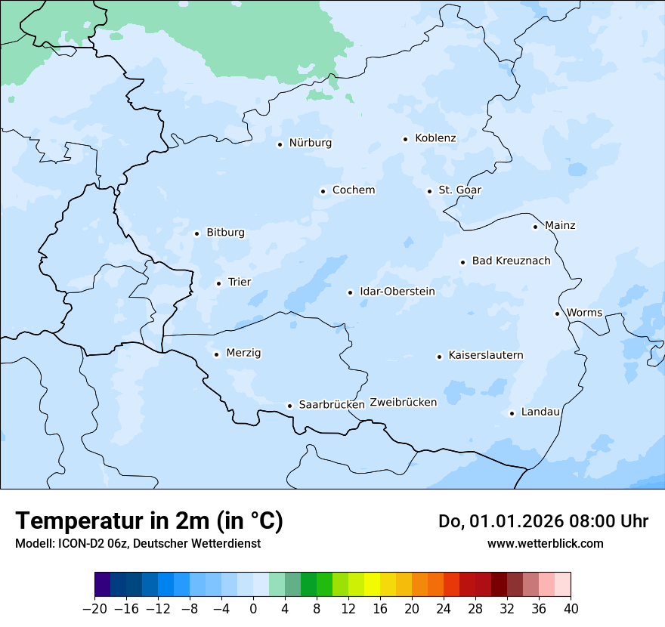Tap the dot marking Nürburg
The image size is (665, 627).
tap(280, 144)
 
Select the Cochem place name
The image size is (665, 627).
tap(353, 190)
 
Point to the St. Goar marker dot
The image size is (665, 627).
tap(429, 191)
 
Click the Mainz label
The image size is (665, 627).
tap(560, 226)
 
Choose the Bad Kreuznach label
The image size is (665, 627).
tap(511, 261)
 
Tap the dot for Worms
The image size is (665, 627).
tap(557, 313)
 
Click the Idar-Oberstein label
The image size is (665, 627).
tap(397, 292)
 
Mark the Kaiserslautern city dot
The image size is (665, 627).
tap(439, 357)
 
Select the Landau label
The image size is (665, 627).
tap(540, 412)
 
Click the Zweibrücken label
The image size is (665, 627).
tap(403, 403)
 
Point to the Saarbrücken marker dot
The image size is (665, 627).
tap(289, 406)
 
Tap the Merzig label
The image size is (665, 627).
tap(243, 354)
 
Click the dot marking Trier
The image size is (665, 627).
tap(218, 283)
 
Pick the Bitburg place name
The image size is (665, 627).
tap(225, 233)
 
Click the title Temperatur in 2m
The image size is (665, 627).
tap(149, 521)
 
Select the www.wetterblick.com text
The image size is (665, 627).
tap(545, 544)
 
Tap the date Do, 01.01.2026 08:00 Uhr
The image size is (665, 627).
tap(543, 521)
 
